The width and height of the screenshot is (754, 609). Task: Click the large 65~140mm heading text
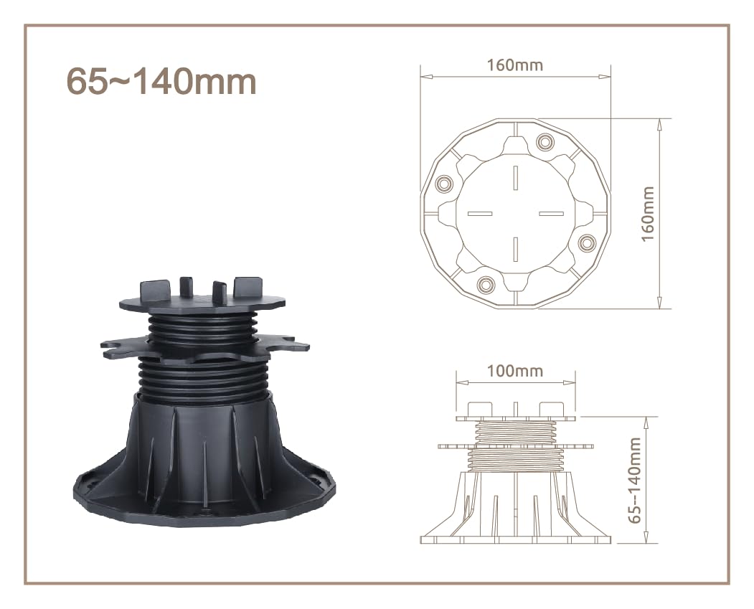(161, 81)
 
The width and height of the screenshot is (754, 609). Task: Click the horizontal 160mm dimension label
(515, 65)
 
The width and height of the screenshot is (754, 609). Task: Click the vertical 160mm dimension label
(649, 214)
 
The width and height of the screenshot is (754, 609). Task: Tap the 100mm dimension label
(515, 371)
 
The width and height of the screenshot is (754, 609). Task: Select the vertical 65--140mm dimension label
(635, 480)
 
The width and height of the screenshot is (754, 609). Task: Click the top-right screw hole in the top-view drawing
(545, 142)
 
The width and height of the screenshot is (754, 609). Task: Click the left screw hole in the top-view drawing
(443, 184)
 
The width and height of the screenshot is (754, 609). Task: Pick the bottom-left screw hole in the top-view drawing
(486, 285)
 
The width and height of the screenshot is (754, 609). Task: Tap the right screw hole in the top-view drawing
(587, 242)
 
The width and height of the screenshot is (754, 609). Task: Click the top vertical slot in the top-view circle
(515, 178)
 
